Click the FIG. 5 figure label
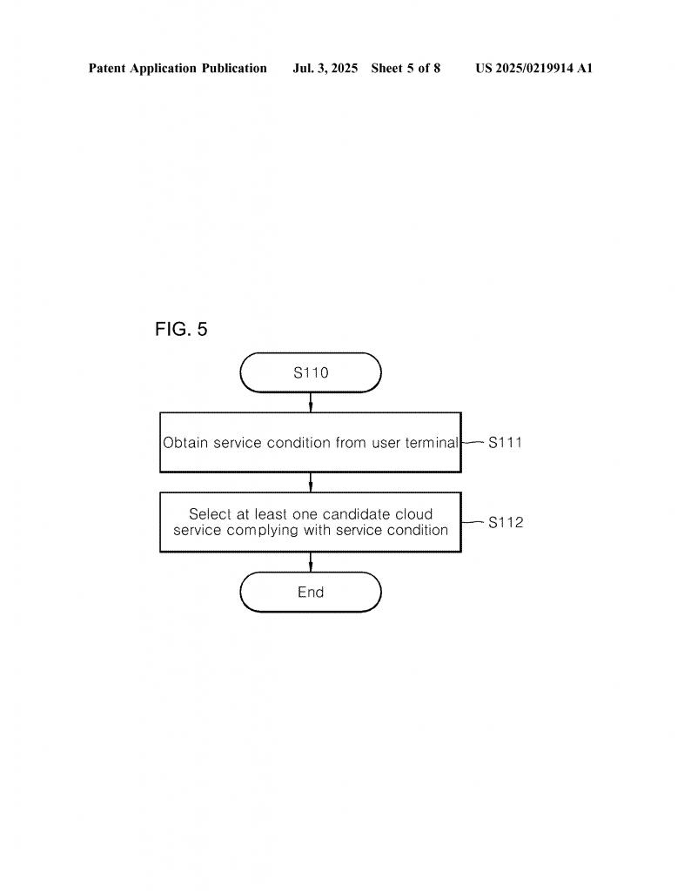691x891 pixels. coord(181,330)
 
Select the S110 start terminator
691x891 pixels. coord(311,373)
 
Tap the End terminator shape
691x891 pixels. coord(311,593)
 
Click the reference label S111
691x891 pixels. coord(505,442)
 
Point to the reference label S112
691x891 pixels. coord(506,523)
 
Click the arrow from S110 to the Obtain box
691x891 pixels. coord(311,402)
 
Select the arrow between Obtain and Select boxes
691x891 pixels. coord(311,483)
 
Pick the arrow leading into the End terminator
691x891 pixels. coord(311,562)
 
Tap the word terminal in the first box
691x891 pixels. coord(431,443)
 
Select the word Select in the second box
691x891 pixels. coord(210,514)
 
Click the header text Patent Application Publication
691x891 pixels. coord(178,68)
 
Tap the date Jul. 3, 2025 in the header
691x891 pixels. coord(325,68)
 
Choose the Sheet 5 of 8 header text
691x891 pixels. coord(406,68)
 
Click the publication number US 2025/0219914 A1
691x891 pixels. coord(533,68)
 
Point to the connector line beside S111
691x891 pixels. coord(473,442)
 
